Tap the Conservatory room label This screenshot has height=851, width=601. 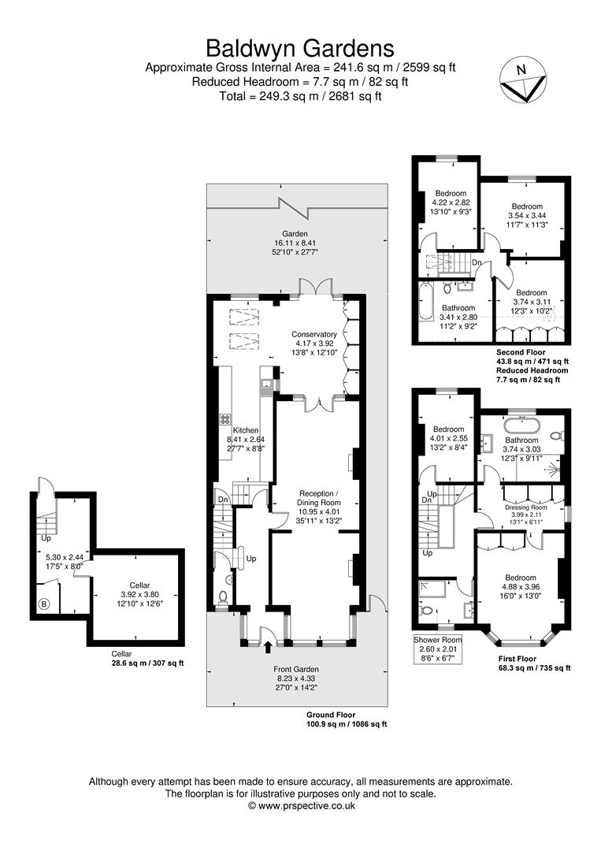pyautogui.click(x=313, y=334)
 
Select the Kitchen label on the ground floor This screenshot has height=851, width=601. pyautogui.click(x=234, y=430)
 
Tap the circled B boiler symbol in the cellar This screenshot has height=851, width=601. pyautogui.click(x=43, y=605)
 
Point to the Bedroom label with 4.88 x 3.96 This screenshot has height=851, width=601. pyautogui.click(x=521, y=578)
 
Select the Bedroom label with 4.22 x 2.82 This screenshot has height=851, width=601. pyautogui.click(x=451, y=193)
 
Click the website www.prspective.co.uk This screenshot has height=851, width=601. pyautogui.click(x=302, y=806)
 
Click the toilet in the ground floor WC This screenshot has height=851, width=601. pyautogui.click(x=223, y=596)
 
